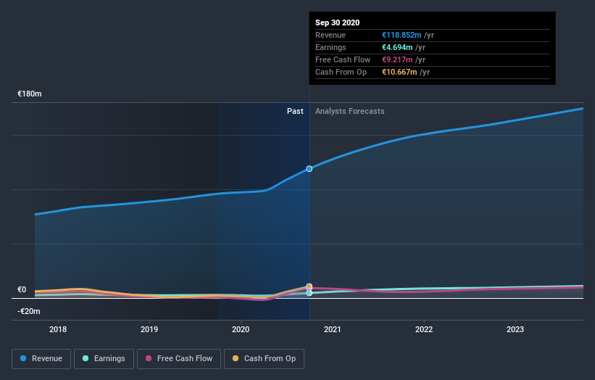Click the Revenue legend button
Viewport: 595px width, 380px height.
point(42,358)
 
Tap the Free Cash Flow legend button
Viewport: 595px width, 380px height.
point(178,358)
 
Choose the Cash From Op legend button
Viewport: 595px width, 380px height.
point(264,358)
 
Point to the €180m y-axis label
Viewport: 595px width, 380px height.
point(30,94)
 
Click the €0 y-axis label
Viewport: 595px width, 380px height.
point(22,289)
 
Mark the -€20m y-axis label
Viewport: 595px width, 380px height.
point(30,311)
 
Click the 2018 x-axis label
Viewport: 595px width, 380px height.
point(58,329)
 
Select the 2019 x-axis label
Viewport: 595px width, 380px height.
point(149,329)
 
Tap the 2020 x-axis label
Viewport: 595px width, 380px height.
point(241,329)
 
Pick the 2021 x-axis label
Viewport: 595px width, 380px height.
point(333,329)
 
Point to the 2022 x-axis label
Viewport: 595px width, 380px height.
point(424,329)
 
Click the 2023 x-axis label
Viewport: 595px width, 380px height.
point(515,329)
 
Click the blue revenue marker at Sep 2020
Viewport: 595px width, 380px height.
point(309,168)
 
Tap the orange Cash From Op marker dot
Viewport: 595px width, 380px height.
point(309,287)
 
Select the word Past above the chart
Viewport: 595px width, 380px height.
point(295,111)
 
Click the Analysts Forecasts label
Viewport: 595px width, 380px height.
point(349,111)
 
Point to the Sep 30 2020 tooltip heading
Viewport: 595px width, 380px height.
point(337,23)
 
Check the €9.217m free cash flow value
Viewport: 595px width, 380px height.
point(397,60)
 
